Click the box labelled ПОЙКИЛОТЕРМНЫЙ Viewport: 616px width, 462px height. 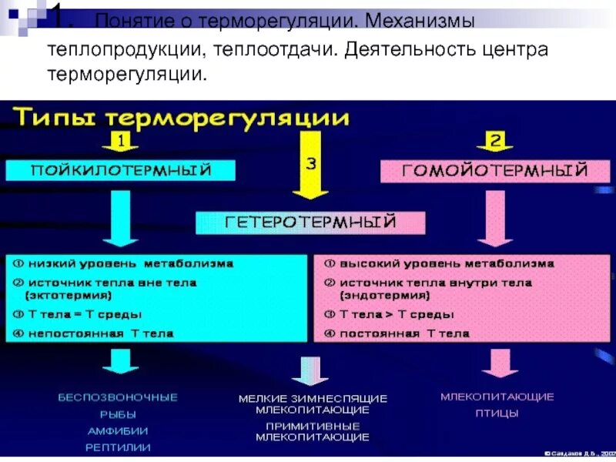(119, 169)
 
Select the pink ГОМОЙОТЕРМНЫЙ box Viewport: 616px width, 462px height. (495, 170)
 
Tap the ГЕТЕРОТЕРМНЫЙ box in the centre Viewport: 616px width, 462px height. (310, 223)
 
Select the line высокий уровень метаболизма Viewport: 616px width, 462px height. (439, 263)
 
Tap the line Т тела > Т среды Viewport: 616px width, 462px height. (389, 314)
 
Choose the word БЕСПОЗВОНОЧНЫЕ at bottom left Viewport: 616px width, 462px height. (118, 397)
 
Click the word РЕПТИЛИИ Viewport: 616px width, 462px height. (118, 447)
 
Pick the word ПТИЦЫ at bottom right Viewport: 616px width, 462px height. (497, 413)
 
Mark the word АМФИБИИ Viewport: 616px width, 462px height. (118, 430)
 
